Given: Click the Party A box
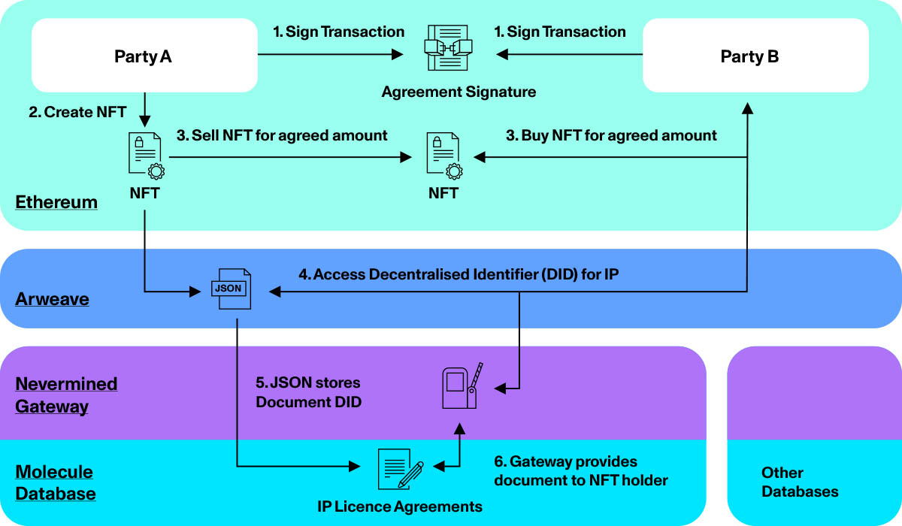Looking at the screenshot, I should click(144, 56).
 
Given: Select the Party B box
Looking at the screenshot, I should click(755, 56).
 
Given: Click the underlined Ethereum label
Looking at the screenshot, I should click(56, 202).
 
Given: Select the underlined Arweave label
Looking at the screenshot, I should click(52, 299).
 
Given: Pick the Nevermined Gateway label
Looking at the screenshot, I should click(66, 395).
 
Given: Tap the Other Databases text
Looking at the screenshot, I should click(800, 482).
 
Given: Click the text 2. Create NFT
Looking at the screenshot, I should click(77, 112).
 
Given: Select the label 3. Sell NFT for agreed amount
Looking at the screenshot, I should click(282, 135).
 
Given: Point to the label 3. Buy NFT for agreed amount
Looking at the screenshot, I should click(610, 135).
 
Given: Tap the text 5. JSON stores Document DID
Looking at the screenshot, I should click(309, 392).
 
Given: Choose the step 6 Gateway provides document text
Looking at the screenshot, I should click(580, 470).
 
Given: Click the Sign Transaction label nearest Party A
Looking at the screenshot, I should click(338, 32).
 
